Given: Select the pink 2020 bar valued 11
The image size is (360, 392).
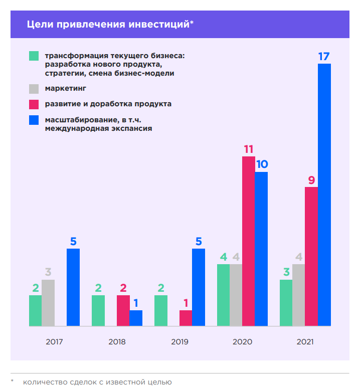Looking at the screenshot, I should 249,241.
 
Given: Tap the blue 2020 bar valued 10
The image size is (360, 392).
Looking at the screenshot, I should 261,249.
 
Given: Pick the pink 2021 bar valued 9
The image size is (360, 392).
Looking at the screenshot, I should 311,256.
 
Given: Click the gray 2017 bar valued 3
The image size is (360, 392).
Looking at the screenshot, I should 48,303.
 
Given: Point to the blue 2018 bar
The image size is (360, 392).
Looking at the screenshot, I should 136,318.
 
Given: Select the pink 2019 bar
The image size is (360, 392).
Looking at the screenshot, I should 186,318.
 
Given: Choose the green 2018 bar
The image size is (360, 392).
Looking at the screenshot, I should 98,311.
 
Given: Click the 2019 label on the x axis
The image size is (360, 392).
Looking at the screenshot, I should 179,342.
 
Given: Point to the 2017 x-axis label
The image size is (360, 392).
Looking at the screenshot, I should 54,342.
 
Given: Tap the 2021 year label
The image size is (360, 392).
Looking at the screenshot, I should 305,342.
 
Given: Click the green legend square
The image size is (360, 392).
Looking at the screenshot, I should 34,56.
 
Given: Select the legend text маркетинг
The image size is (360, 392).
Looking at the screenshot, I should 65,88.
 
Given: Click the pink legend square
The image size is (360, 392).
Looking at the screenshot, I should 34,104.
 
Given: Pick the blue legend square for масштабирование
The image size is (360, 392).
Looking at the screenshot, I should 34,120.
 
